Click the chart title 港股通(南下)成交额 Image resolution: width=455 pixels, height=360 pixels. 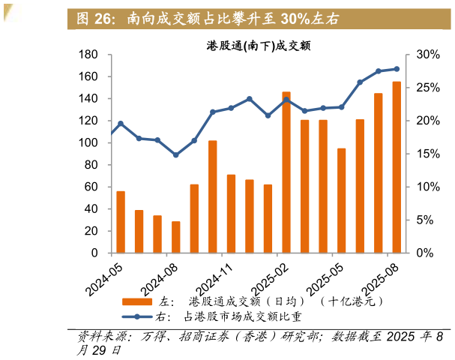[259, 46]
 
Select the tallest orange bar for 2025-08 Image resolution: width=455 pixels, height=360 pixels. [397, 167]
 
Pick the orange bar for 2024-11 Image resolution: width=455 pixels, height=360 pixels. [231, 214]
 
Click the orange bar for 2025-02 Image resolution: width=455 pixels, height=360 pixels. [286, 172]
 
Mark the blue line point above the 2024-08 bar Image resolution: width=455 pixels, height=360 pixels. [176, 155]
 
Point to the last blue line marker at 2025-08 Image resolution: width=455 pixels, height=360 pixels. [397, 69]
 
